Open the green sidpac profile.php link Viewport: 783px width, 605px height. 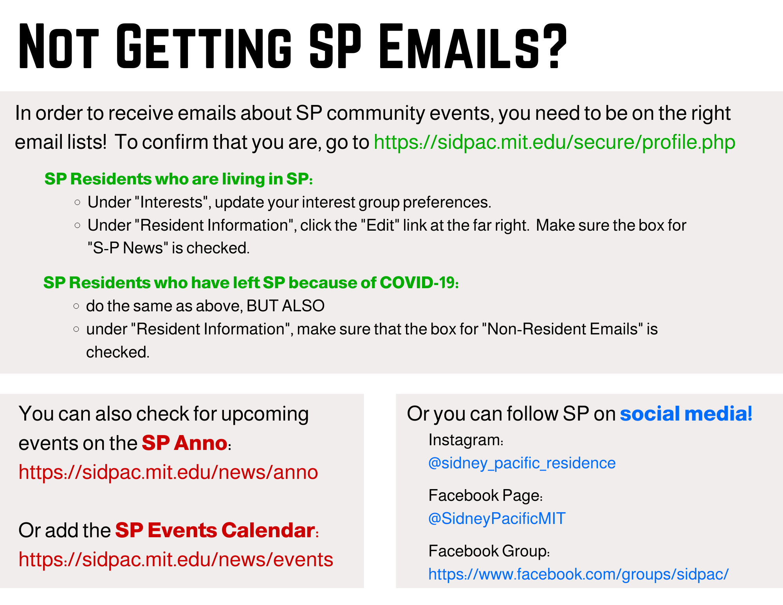coord(554,143)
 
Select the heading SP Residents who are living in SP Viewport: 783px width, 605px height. coord(179,179)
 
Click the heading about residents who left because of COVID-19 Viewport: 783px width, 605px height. coord(251,283)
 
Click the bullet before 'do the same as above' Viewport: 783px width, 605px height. coord(76,306)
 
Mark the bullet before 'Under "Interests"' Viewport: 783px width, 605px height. coord(78,202)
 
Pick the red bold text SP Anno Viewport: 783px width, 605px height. coord(184,443)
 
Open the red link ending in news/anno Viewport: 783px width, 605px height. coord(168,472)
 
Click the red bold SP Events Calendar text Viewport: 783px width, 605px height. coord(215,530)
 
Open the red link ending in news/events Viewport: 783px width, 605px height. coord(176,560)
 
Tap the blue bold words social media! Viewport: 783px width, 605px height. coord(686,414)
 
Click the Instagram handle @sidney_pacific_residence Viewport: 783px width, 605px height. coord(522,463)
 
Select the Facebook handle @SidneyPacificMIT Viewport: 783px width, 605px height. coord(497,518)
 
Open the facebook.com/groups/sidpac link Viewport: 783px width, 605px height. coord(579,574)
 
